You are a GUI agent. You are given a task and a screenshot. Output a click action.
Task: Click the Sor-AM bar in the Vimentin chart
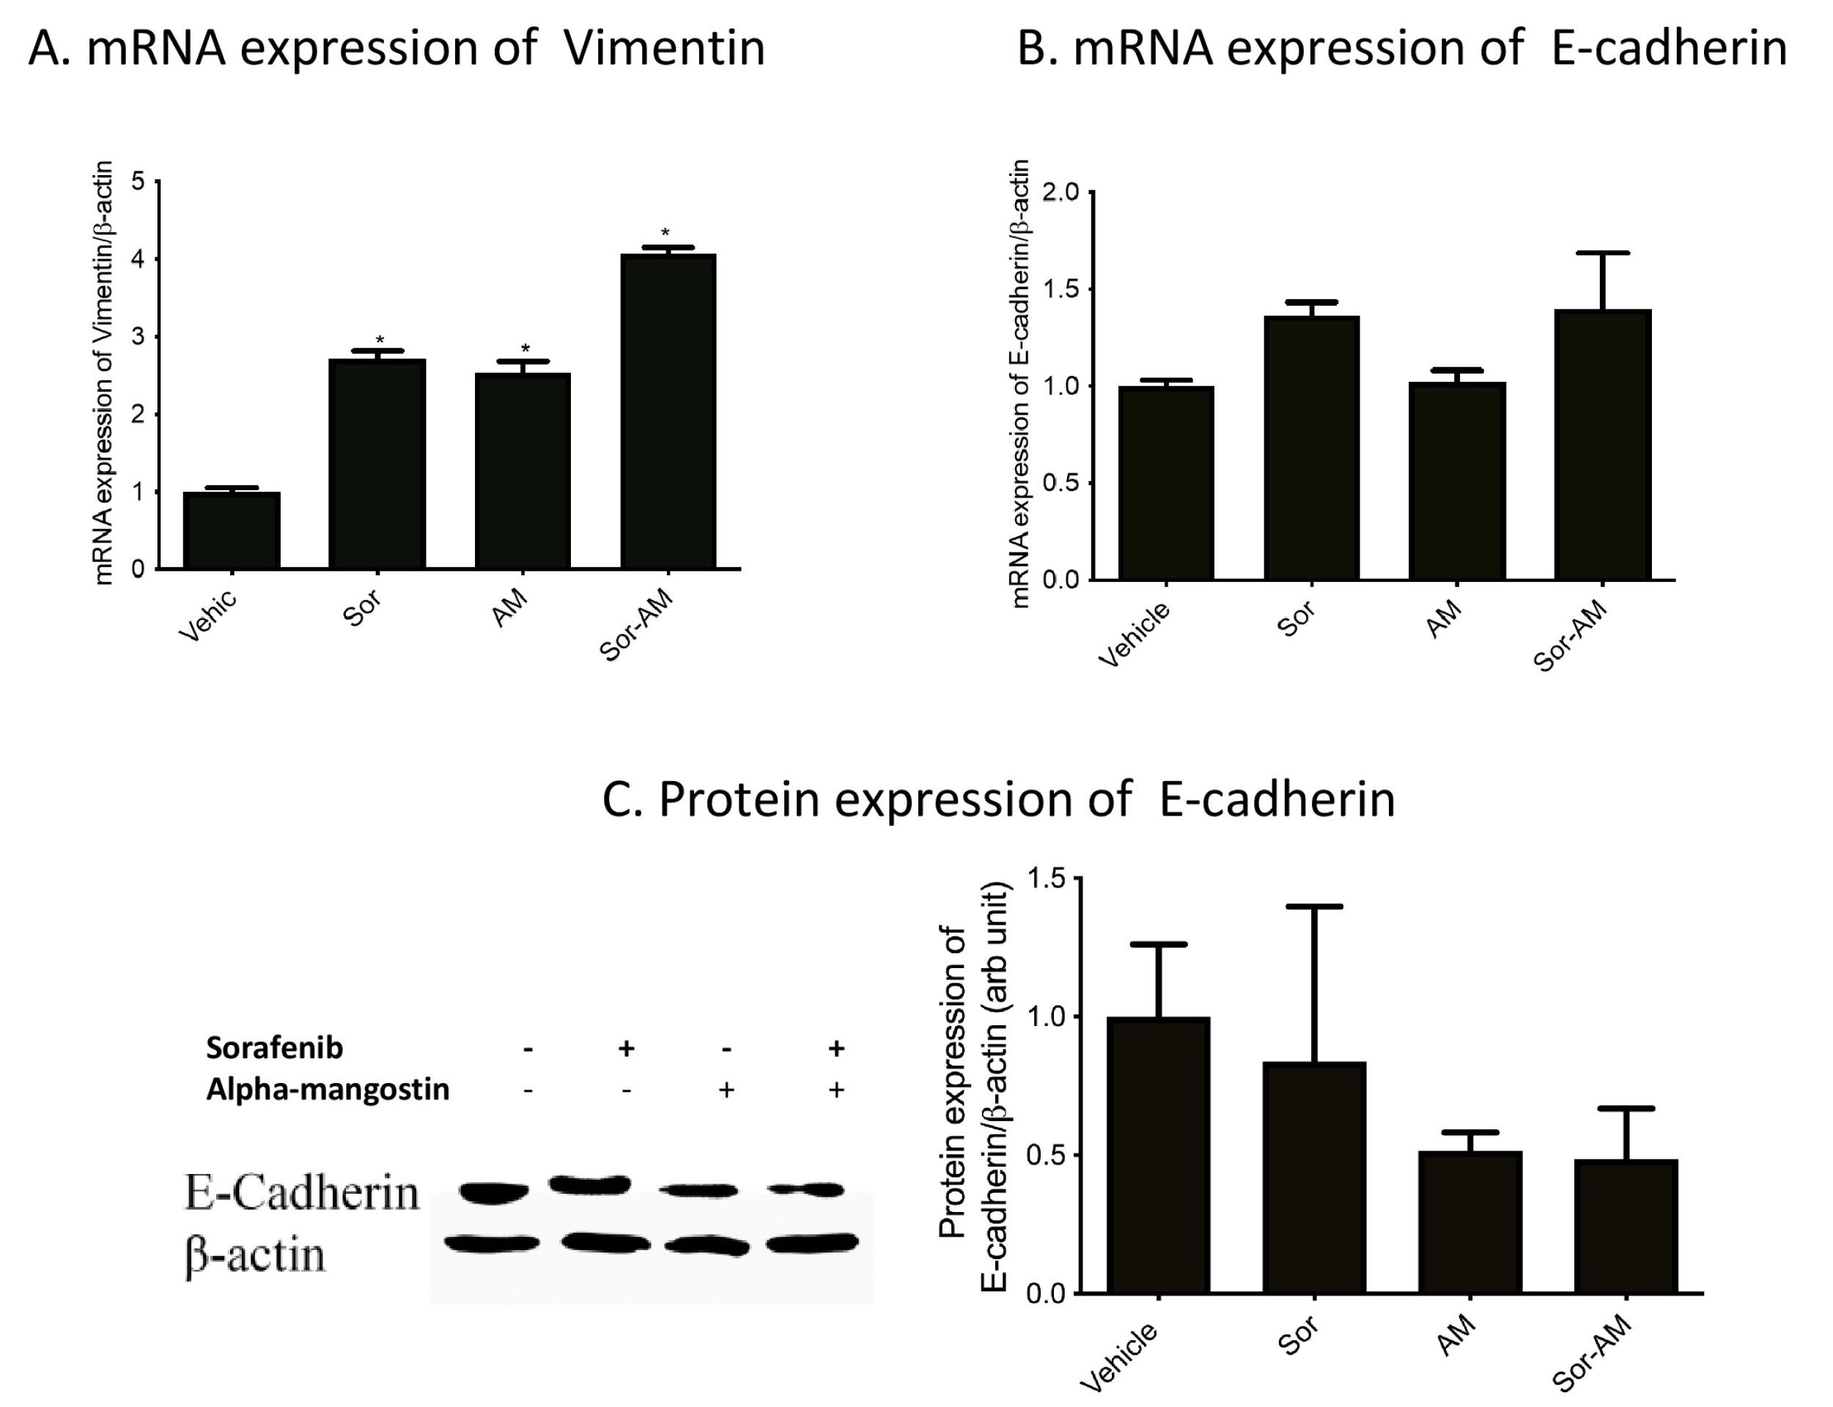(668, 411)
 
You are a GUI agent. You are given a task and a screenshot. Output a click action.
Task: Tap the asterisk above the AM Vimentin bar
(525, 348)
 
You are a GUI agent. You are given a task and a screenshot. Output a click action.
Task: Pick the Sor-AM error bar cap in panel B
(1602, 253)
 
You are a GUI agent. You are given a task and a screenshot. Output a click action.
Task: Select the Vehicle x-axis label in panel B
(1134, 635)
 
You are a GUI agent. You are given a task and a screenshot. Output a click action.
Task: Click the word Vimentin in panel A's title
(663, 48)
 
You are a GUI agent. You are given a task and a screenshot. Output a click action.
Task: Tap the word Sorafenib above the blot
(274, 1048)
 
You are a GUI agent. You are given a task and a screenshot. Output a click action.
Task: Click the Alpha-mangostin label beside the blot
(328, 1089)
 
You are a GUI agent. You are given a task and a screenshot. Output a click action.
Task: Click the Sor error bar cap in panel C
(1314, 906)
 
